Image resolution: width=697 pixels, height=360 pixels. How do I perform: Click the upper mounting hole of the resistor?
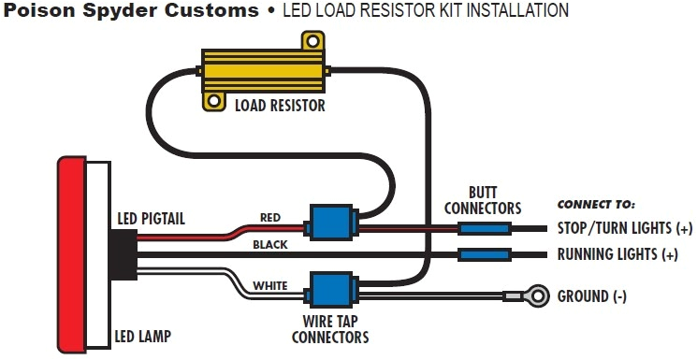309,42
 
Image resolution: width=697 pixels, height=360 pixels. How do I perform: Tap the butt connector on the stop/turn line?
484,228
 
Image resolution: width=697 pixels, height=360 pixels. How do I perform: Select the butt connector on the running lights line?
484,254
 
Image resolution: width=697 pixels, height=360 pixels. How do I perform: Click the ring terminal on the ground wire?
535,296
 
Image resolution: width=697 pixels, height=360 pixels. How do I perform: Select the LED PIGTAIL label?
151,218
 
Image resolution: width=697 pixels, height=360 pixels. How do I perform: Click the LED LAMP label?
144,335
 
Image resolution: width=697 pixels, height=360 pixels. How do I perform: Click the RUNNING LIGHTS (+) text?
617,254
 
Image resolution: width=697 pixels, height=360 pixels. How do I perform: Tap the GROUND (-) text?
592,296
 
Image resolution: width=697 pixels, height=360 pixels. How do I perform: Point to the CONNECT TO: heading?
596,203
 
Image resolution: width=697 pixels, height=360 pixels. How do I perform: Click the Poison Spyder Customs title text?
130,11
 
